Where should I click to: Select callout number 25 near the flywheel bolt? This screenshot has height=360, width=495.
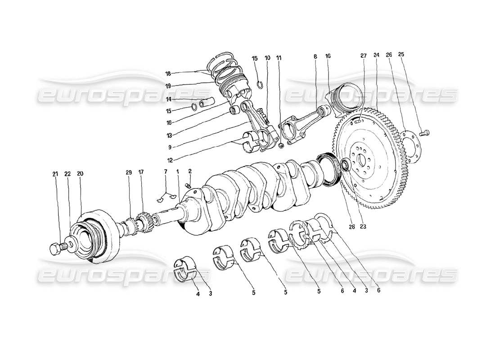click(x=401, y=54)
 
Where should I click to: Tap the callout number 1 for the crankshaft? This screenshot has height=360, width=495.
click(x=178, y=171)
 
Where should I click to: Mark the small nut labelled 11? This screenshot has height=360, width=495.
click(x=281, y=145)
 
